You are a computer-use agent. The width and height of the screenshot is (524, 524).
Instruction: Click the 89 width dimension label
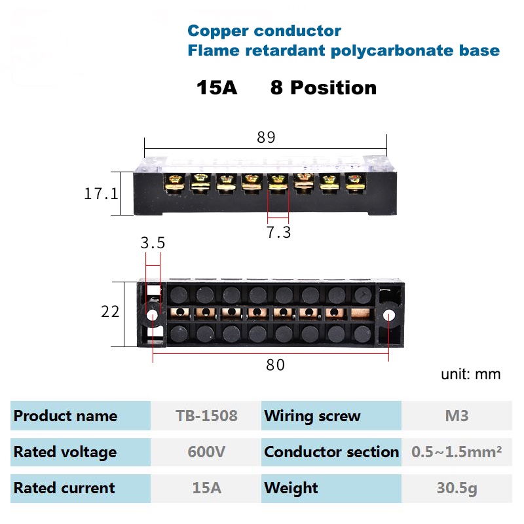click(x=266, y=138)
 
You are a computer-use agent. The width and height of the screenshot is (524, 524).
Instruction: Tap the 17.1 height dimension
click(x=101, y=194)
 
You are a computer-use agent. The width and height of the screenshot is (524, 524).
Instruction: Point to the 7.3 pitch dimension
click(x=278, y=232)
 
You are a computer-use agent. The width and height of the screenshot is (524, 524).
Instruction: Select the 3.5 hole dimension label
click(x=153, y=243)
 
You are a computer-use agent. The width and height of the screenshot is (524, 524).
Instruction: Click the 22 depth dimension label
click(x=110, y=312)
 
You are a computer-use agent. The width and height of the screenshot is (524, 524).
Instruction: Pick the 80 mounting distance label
click(x=276, y=365)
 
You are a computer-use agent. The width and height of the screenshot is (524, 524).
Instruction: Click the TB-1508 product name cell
click(x=206, y=416)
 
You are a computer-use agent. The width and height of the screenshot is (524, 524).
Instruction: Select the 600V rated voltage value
click(x=206, y=452)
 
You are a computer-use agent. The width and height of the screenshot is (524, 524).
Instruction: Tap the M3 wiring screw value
click(x=457, y=416)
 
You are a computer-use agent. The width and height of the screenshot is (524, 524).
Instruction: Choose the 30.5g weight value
click(x=457, y=488)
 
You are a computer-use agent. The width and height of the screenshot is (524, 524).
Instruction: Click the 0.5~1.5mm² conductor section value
click(x=457, y=452)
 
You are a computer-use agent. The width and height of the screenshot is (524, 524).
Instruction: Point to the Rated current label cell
click(x=64, y=488)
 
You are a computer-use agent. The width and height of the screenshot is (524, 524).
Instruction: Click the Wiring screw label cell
click(x=312, y=416)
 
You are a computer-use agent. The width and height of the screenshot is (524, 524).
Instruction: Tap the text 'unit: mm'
click(x=470, y=374)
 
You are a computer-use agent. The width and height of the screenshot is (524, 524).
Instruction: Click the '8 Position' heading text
click(x=324, y=88)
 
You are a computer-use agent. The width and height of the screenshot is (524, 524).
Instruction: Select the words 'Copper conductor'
click(x=264, y=31)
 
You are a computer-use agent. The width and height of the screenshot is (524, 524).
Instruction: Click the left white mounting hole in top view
click(x=152, y=315)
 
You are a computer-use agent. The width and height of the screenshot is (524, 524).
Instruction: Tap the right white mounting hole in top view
click(x=388, y=315)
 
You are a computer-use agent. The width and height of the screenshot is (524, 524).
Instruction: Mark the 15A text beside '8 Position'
click(x=217, y=88)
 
